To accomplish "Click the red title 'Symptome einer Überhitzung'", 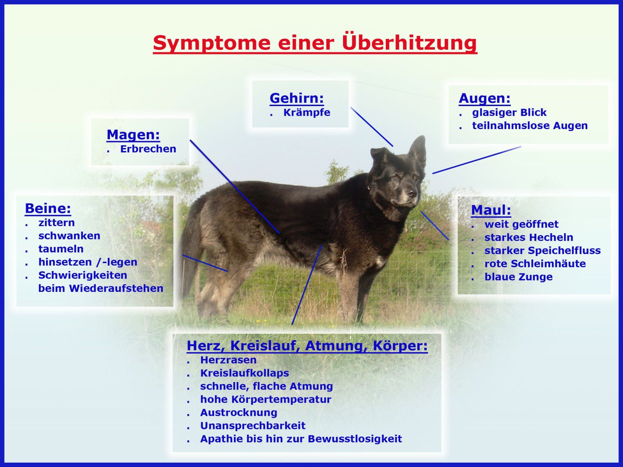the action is [x=315, y=43].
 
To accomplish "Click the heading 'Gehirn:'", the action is [x=297, y=98].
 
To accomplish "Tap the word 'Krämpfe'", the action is [x=307, y=113].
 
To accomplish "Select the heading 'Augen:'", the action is [x=484, y=98].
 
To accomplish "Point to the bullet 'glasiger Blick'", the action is [x=509, y=113].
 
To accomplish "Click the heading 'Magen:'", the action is [x=133, y=135].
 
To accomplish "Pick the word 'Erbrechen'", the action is [x=148, y=149].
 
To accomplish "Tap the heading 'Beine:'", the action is [x=48, y=208].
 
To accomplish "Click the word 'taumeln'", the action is [x=61, y=249].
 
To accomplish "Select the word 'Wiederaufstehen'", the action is [x=116, y=288].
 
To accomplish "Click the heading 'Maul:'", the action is [x=491, y=210].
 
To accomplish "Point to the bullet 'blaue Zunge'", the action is [x=518, y=277].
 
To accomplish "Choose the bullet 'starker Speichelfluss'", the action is [x=543, y=251].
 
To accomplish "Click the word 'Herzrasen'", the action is [x=228, y=360].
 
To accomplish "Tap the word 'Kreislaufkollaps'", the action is [x=244, y=373].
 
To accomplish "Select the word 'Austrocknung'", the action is [x=238, y=413].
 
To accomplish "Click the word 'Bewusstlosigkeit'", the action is [x=355, y=439].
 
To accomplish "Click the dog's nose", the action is [x=412, y=193].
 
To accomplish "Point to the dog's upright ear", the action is [x=417, y=151].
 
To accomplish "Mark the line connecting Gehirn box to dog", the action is [x=372, y=127].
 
